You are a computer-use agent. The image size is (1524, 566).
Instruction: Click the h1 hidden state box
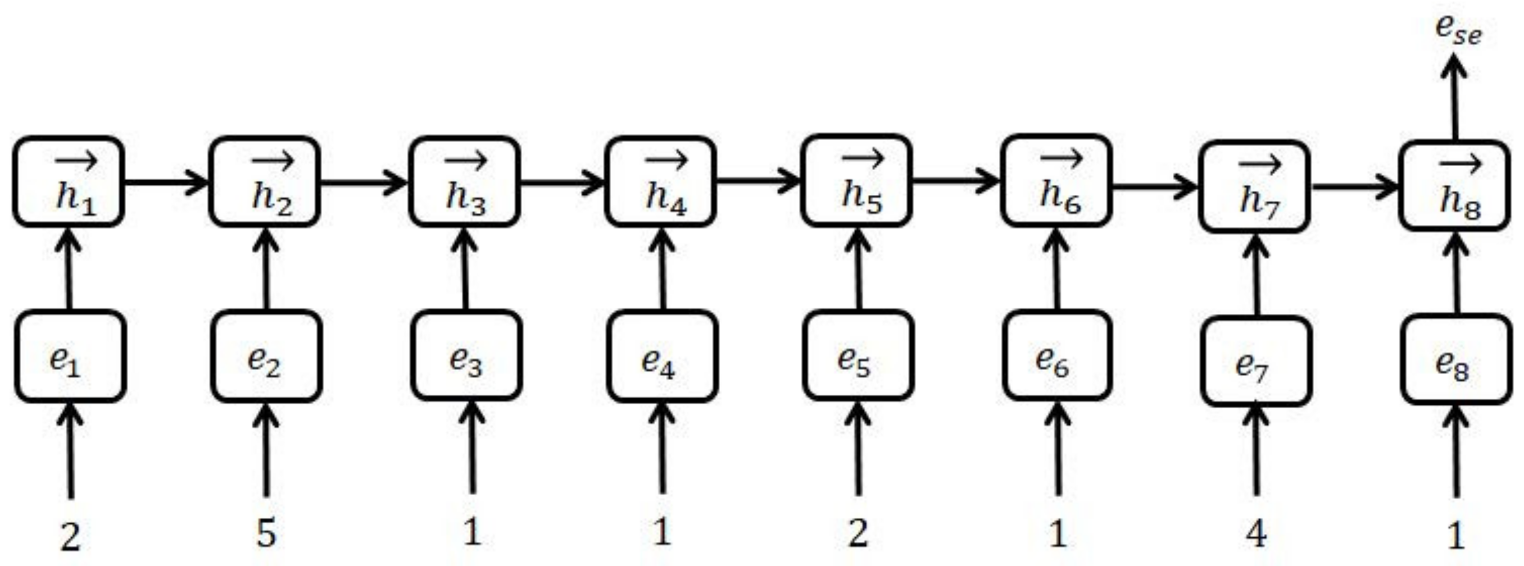[x=69, y=181]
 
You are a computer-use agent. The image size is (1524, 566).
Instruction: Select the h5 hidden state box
[x=856, y=180]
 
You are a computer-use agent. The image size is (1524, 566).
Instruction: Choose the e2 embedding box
[x=266, y=356]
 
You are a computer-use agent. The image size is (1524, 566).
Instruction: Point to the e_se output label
[x=1458, y=31]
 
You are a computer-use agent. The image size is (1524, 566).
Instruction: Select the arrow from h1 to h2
[x=166, y=181]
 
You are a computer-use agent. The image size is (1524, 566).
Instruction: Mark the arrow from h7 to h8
[x=1355, y=187]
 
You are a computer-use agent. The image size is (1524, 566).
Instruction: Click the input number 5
[x=266, y=532]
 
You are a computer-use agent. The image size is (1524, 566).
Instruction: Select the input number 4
[x=1255, y=533]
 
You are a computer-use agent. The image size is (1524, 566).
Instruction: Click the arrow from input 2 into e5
[x=858, y=450]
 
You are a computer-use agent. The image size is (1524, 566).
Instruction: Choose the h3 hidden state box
[x=464, y=181]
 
